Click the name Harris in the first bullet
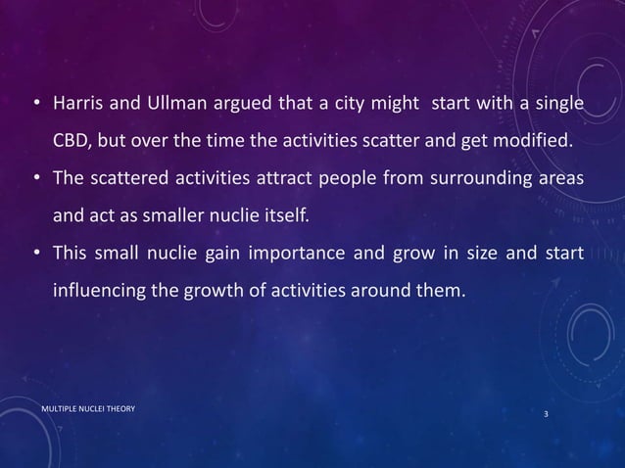78,105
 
